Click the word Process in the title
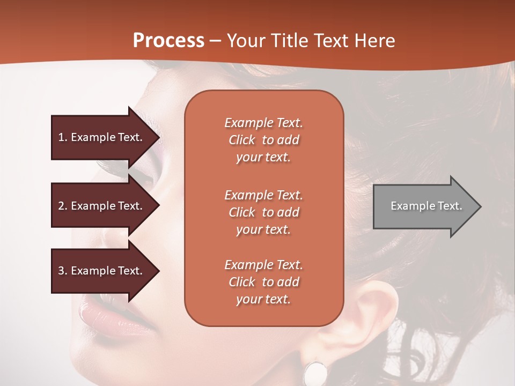pos(168,41)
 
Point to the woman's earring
pos(315,373)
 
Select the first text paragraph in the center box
pos(263,140)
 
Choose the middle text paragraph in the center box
pos(263,212)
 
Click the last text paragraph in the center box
pos(263,282)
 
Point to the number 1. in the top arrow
pos(63,137)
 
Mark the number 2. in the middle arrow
pos(63,206)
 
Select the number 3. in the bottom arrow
pos(63,271)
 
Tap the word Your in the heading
pos(244,41)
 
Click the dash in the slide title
pos(216,41)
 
